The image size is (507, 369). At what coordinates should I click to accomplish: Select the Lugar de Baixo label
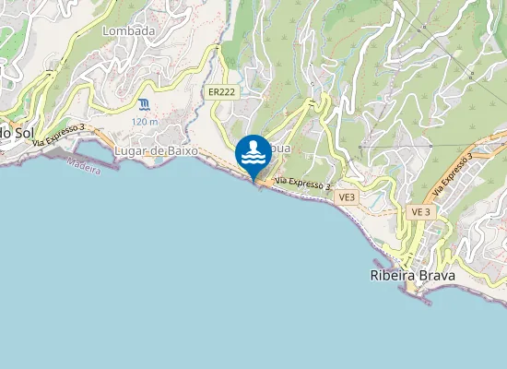(x=156, y=150)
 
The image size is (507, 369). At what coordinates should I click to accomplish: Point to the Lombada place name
(x=128, y=30)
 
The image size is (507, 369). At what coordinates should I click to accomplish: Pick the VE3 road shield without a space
(x=347, y=197)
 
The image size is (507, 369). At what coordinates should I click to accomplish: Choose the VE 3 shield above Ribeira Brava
(x=420, y=211)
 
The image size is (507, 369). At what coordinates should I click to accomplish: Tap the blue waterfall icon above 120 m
(x=145, y=104)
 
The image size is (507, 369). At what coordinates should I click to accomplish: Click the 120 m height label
(x=145, y=122)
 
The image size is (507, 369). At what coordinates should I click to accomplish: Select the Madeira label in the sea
(x=84, y=165)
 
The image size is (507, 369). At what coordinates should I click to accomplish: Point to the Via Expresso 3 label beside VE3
(x=302, y=184)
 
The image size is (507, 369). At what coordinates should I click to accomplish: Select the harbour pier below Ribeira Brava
(x=415, y=293)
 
